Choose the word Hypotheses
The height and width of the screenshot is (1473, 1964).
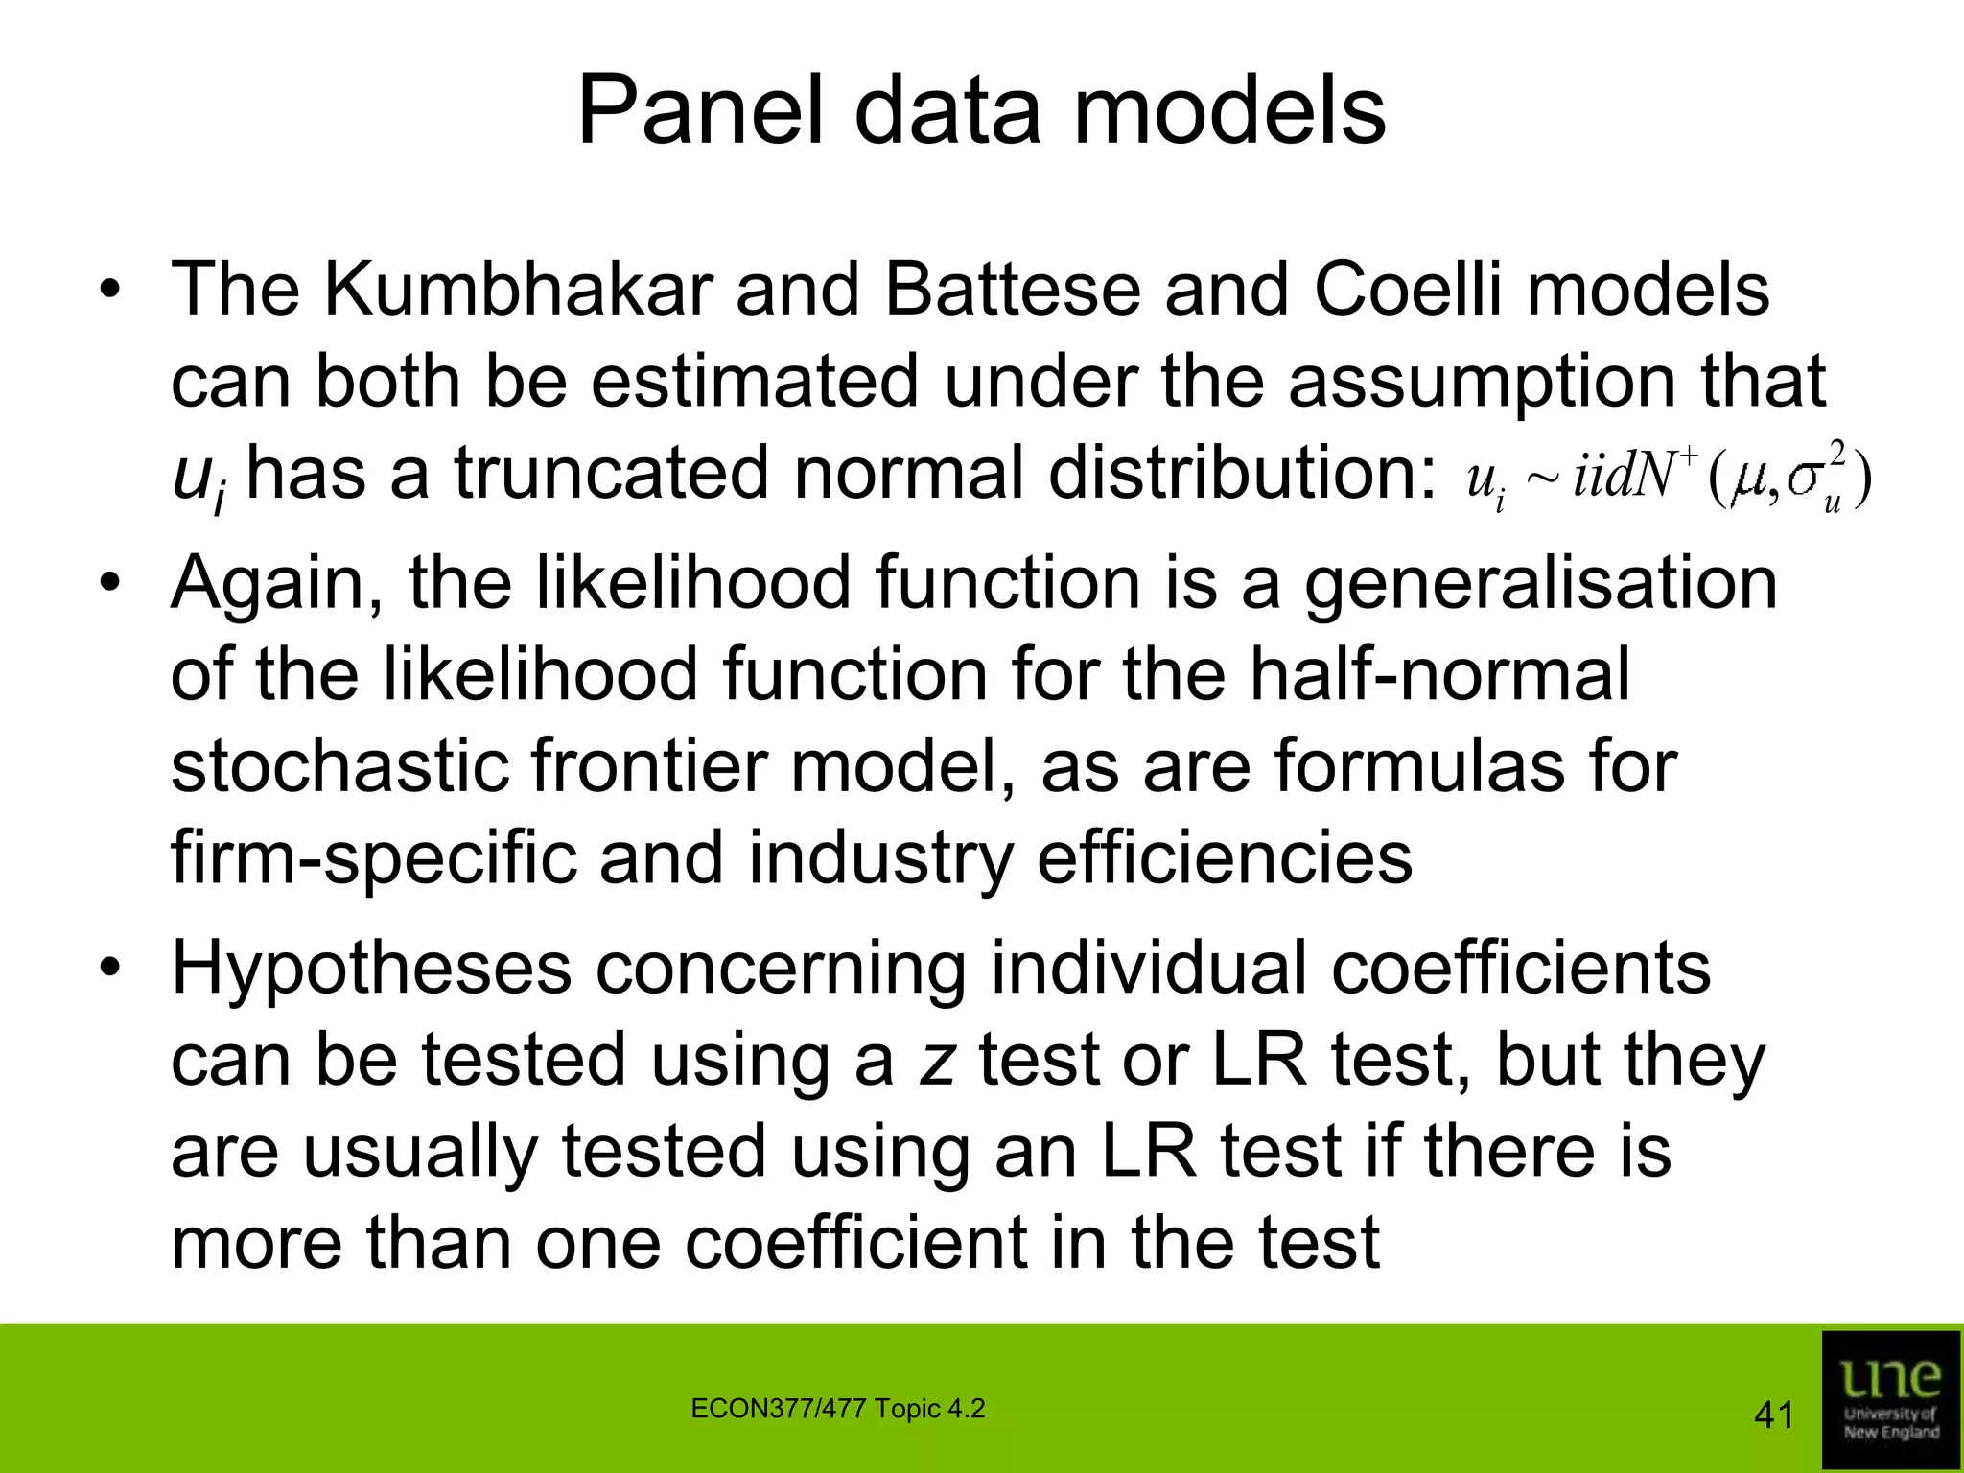point(371,969)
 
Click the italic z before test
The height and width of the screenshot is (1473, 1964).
point(936,1061)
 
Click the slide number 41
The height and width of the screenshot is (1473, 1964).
point(1772,1415)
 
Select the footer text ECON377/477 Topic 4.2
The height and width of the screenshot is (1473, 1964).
point(837,1409)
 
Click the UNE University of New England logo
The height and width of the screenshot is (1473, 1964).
point(1890,1397)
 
